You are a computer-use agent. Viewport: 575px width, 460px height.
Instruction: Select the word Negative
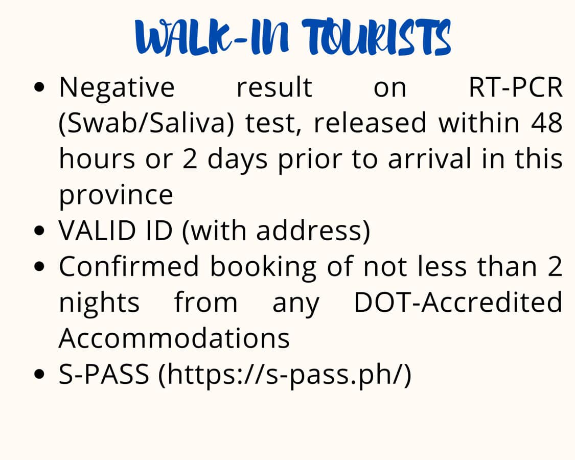pyautogui.click(x=117, y=88)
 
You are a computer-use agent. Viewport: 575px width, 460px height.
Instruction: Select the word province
pyautogui.click(x=116, y=196)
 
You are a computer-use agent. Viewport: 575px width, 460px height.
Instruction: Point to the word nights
pyautogui.click(x=99, y=303)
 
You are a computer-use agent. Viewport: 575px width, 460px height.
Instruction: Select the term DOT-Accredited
pyautogui.click(x=458, y=302)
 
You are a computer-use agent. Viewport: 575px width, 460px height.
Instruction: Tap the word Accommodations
pyautogui.click(x=174, y=338)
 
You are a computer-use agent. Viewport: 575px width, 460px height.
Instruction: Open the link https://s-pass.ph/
pyautogui.click(x=285, y=375)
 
